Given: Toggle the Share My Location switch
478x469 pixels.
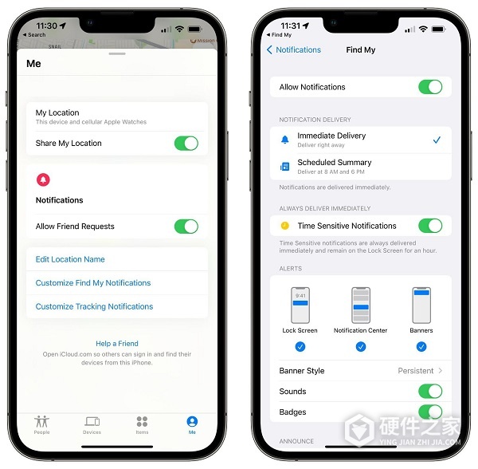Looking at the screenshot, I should pos(186,144).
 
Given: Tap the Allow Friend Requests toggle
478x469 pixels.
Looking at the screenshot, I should pos(186,227).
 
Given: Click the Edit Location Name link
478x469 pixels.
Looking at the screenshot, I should pos(70,259).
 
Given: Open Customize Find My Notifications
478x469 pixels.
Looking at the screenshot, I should pos(93,283).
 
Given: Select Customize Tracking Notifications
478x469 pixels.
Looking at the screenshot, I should pos(94,306).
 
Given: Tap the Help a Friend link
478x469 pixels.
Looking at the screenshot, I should pos(117,344).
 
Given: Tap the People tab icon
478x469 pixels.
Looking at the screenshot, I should pos(42,423).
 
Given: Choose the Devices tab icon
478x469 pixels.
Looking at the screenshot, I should pos(92,423).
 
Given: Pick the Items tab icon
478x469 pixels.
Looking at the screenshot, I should pos(142,423).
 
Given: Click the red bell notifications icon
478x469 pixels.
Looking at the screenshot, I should pos(43,180).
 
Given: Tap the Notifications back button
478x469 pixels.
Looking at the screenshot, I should pos(293,49).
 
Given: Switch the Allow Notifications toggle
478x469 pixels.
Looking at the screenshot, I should pos(430,87).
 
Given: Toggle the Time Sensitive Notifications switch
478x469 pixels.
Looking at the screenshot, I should pos(430,226).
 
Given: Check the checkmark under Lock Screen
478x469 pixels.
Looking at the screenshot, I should pos(300,347).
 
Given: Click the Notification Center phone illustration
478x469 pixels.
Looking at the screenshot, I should pos(360,305).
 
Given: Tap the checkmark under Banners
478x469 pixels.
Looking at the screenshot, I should pos(421,347).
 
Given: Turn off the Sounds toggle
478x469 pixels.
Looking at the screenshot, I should pos(430,392).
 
